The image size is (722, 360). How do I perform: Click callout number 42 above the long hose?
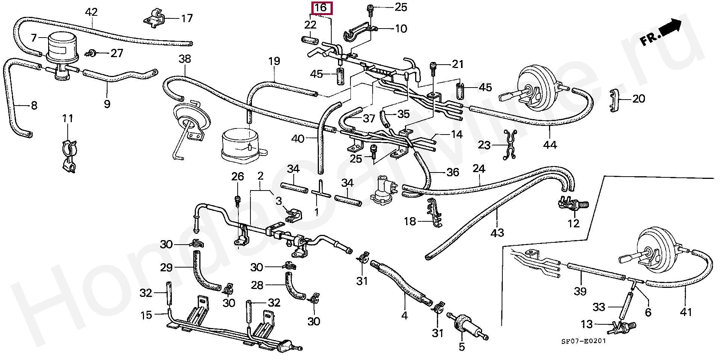(91, 12)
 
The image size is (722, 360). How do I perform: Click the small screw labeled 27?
(91, 54)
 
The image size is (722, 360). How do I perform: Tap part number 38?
(185, 59)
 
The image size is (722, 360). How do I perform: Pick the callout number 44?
(550, 145)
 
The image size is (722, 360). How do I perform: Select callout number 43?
(497, 233)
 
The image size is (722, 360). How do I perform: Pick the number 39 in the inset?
(580, 291)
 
